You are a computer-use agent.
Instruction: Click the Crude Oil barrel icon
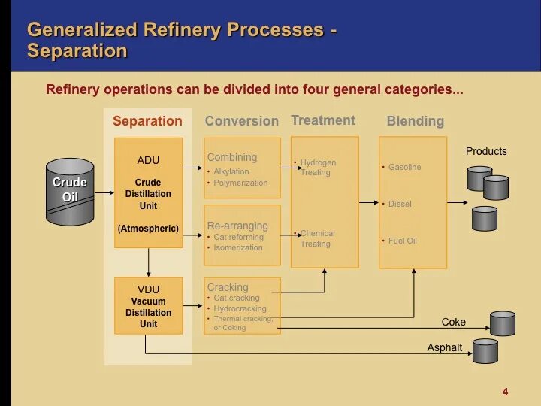tap(70, 191)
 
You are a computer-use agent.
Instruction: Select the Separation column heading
tap(147, 121)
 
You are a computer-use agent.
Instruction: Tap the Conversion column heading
tap(241, 121)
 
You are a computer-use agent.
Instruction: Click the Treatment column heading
tap(323, 120)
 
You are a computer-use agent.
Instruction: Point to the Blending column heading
tap(415, 121)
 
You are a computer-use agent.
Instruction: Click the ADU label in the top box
tap(148, 160)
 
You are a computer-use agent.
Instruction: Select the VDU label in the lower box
tap(148, 289)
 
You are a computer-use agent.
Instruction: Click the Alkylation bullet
tap(231, 172)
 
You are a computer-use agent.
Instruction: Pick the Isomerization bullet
tap(238, 247)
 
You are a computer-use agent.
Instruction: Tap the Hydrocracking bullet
tap(240, 308)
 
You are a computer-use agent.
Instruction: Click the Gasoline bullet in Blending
tap(404, 167)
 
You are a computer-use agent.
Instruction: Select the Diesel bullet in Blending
tap(400, 204)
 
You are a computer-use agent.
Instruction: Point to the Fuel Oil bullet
tap(402, 241)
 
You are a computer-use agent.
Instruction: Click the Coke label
tap(454, 322)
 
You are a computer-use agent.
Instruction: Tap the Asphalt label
tap(445, 348)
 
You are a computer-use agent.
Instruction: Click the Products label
tap(486, 151)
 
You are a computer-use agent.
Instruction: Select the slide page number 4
tap(505, 392)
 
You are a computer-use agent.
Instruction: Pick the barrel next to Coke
tap(502, 323)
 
